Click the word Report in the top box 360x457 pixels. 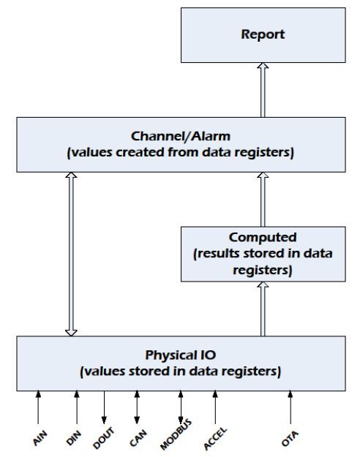pyautogui.click(x=263, y=34)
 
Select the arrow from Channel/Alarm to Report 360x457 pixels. pyautogui.click(x=263, y=90)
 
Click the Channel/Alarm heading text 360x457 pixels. pyautogui.click(x=181, y=136)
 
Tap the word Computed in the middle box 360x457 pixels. pyautogui.click(x=263, y=237)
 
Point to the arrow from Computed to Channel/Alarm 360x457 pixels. pyautogui.click(x=263, y=200)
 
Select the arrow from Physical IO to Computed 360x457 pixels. pyautogui.click(x=263, y=309)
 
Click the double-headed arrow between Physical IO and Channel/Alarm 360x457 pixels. pyautogui.click(x=71, y=254)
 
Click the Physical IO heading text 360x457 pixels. pyautogui.click(x=181, y=355)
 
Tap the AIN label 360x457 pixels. pyautogui.click(x=40, y=438)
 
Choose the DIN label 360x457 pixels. pyautogui.click(x=73, y=438)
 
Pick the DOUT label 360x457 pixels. pyautogui.click(x=103, y=438)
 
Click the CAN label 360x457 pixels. pyautogui.click(x=138, y=438)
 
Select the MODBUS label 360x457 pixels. pyautogui.click(x=176, y=434)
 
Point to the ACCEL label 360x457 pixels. pyautogui.click(x=214, y=439)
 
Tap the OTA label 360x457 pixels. pyautogui.click(x=290, y=439)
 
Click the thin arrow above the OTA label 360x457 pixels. pyautogui.click(x=290, y=407)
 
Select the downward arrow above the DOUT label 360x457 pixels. pyautogui.click(x=104, y=407)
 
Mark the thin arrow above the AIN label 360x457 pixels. pyautogui.click(x=38, y=407)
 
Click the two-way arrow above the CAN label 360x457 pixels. pyautogui.click(x=137, y=407)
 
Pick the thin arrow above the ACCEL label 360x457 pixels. pyautogui.click(x=215, y=407)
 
